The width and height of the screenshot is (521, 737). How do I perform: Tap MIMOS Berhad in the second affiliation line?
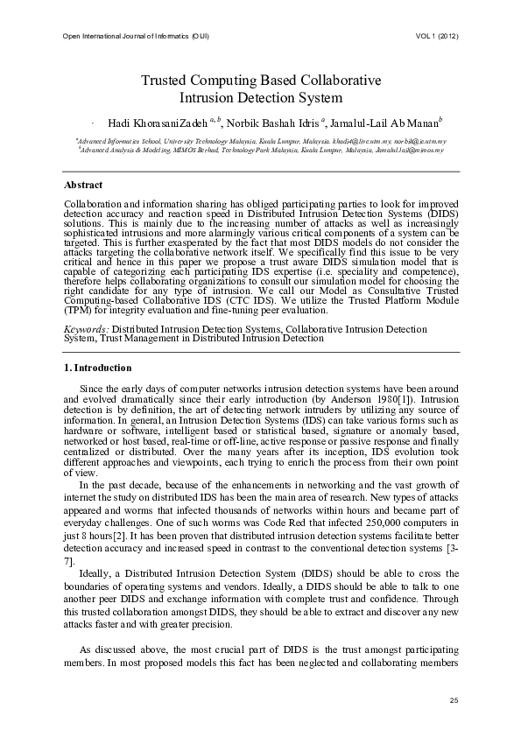point(213,150)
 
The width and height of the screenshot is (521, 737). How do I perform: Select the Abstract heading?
point(83,186)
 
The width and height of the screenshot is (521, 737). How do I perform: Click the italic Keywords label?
point(86,329)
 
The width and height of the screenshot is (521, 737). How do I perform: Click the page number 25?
point(454,699)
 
